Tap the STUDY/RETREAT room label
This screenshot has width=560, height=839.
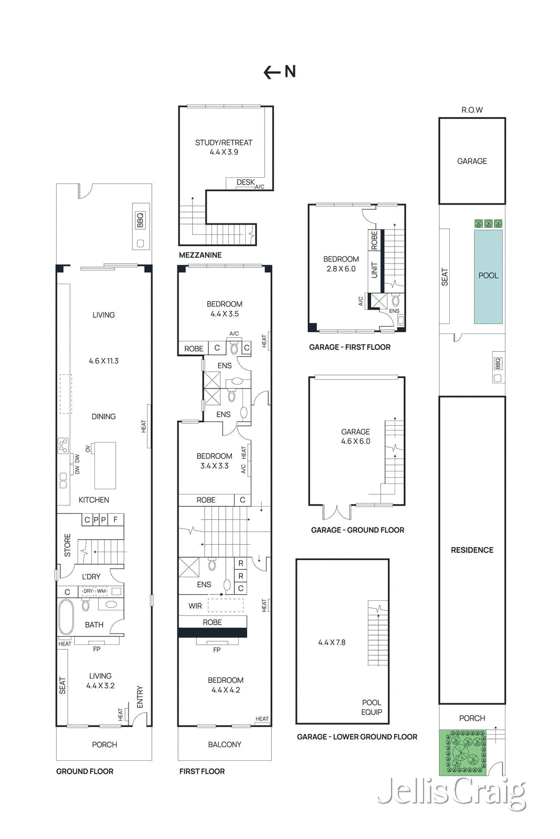pyautogui.click(x=224, y=143)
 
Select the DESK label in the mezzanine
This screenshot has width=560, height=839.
pyautogui.click(x=245, y=182)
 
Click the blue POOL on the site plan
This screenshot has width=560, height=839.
pyautogui.click(x=488, y=276)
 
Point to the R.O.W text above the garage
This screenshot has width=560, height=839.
pyautogui.click(x=472, y=110)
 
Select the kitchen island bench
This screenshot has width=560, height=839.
pyautogui.click(x=105, y=466)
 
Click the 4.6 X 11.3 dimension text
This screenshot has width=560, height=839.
pyautogui.click(x=103, y=361)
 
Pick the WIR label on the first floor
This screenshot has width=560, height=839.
pyautogui.click(x=195, y=606)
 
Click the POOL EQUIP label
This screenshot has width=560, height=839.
pyautogui.click(x=372, y=707)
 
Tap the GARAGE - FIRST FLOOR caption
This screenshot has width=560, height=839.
pyautogui.click(x=350, y=347)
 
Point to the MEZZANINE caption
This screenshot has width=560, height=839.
pyautogui.click(x=200, y=255)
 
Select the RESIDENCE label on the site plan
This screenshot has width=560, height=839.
pyautogui.click(x=472, y=550)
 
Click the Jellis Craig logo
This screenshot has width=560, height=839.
pyautogui.click(x=451, y=792)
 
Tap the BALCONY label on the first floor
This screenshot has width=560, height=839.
pyautogui.click(x=224, y=745)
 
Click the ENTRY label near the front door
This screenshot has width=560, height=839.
pyautogui.click(x=140, y=697)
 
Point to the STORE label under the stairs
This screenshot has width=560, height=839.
pyautogui.click(x=67, y=545)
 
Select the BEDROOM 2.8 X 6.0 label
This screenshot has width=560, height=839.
pyautogui.click(x=341, y=264)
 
